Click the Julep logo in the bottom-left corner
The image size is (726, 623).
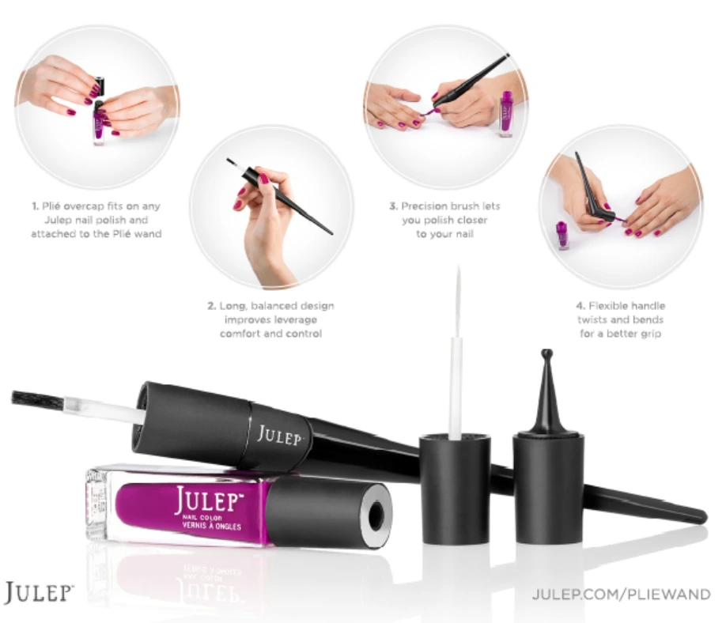pyautogui.click(x=39, y=593)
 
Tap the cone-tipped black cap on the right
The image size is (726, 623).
pyautogui.click(x=547, y=395)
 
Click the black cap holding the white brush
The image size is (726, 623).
pyautogui.click(x=455, y=486)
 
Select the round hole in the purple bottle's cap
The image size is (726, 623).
pyautogui.click(x=376, y=514)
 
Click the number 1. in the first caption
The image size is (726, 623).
pyautogui.click(x=36, y=206)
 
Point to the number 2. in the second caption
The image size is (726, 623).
pyautogui.click(x=212, y=306)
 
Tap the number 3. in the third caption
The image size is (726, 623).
pyautogui.click(x=393, y=206)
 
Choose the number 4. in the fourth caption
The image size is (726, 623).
pyautogui.click(x=580, y=306)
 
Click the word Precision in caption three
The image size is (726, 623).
pyautogui.click(x=428, y=206)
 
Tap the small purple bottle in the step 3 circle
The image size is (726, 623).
pyautogui.click(x=507, y=114)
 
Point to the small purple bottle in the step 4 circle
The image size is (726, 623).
pyautogui.click(x=562, y=235)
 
